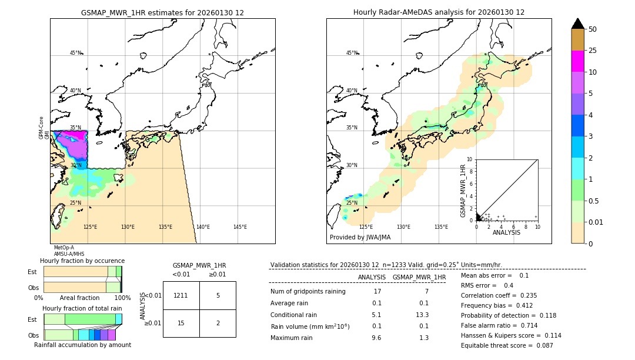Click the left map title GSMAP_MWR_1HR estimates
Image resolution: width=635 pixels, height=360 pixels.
(x=162, y=12)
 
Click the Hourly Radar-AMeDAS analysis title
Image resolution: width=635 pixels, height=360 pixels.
(x=439, y=12)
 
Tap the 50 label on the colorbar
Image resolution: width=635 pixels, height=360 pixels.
(x=593, y=29)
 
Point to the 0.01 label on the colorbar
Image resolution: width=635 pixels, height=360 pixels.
(x=596, y=222)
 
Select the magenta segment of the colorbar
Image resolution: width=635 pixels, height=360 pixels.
(x=577, y=61)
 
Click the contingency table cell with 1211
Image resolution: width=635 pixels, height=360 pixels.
(x=181, y=295)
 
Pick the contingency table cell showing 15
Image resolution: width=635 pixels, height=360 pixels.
(x=181, y=323)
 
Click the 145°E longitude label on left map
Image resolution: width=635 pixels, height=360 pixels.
(x=240, y=227)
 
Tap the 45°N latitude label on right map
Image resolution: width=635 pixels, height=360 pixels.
(x=352, y=53)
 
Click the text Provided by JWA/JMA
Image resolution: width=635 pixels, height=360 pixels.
(x=360, y=238)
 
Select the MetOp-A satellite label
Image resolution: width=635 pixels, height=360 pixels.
(x=63, y=248)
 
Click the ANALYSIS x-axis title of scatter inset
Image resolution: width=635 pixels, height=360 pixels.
(x=506, y=232)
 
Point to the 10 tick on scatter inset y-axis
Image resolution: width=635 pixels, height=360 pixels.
(x=470, y=159)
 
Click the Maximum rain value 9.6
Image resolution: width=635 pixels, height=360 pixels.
(x=376, y=338)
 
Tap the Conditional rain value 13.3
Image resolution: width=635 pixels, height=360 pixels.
(x=423, y=315)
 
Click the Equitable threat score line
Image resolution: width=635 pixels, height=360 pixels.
(x=507, y=345)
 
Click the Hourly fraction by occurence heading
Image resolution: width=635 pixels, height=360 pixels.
(x=82, y=261)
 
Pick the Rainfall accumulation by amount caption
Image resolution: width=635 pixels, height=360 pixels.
(x=82, y=345)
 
